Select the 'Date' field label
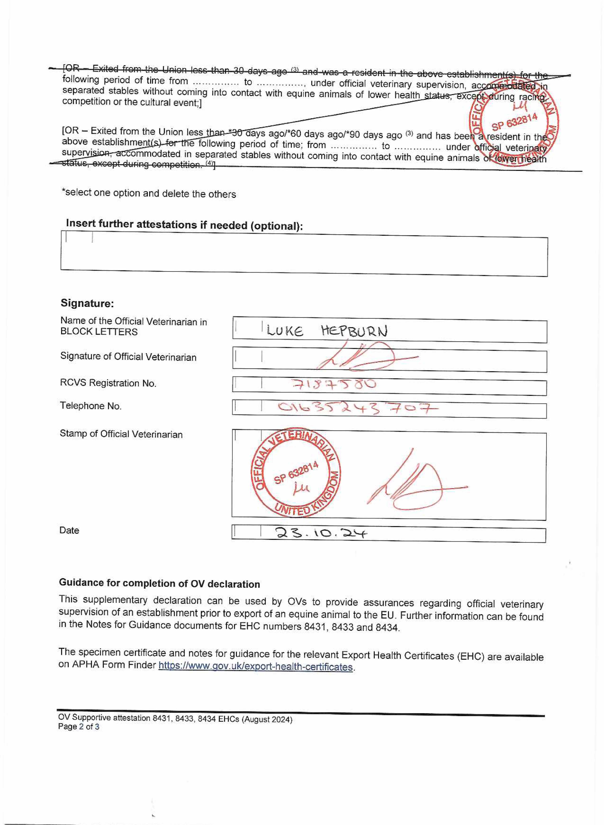pyautogui.click(x=69, y=530)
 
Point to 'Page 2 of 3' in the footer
pyautogui.click(x=79, y=727)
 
